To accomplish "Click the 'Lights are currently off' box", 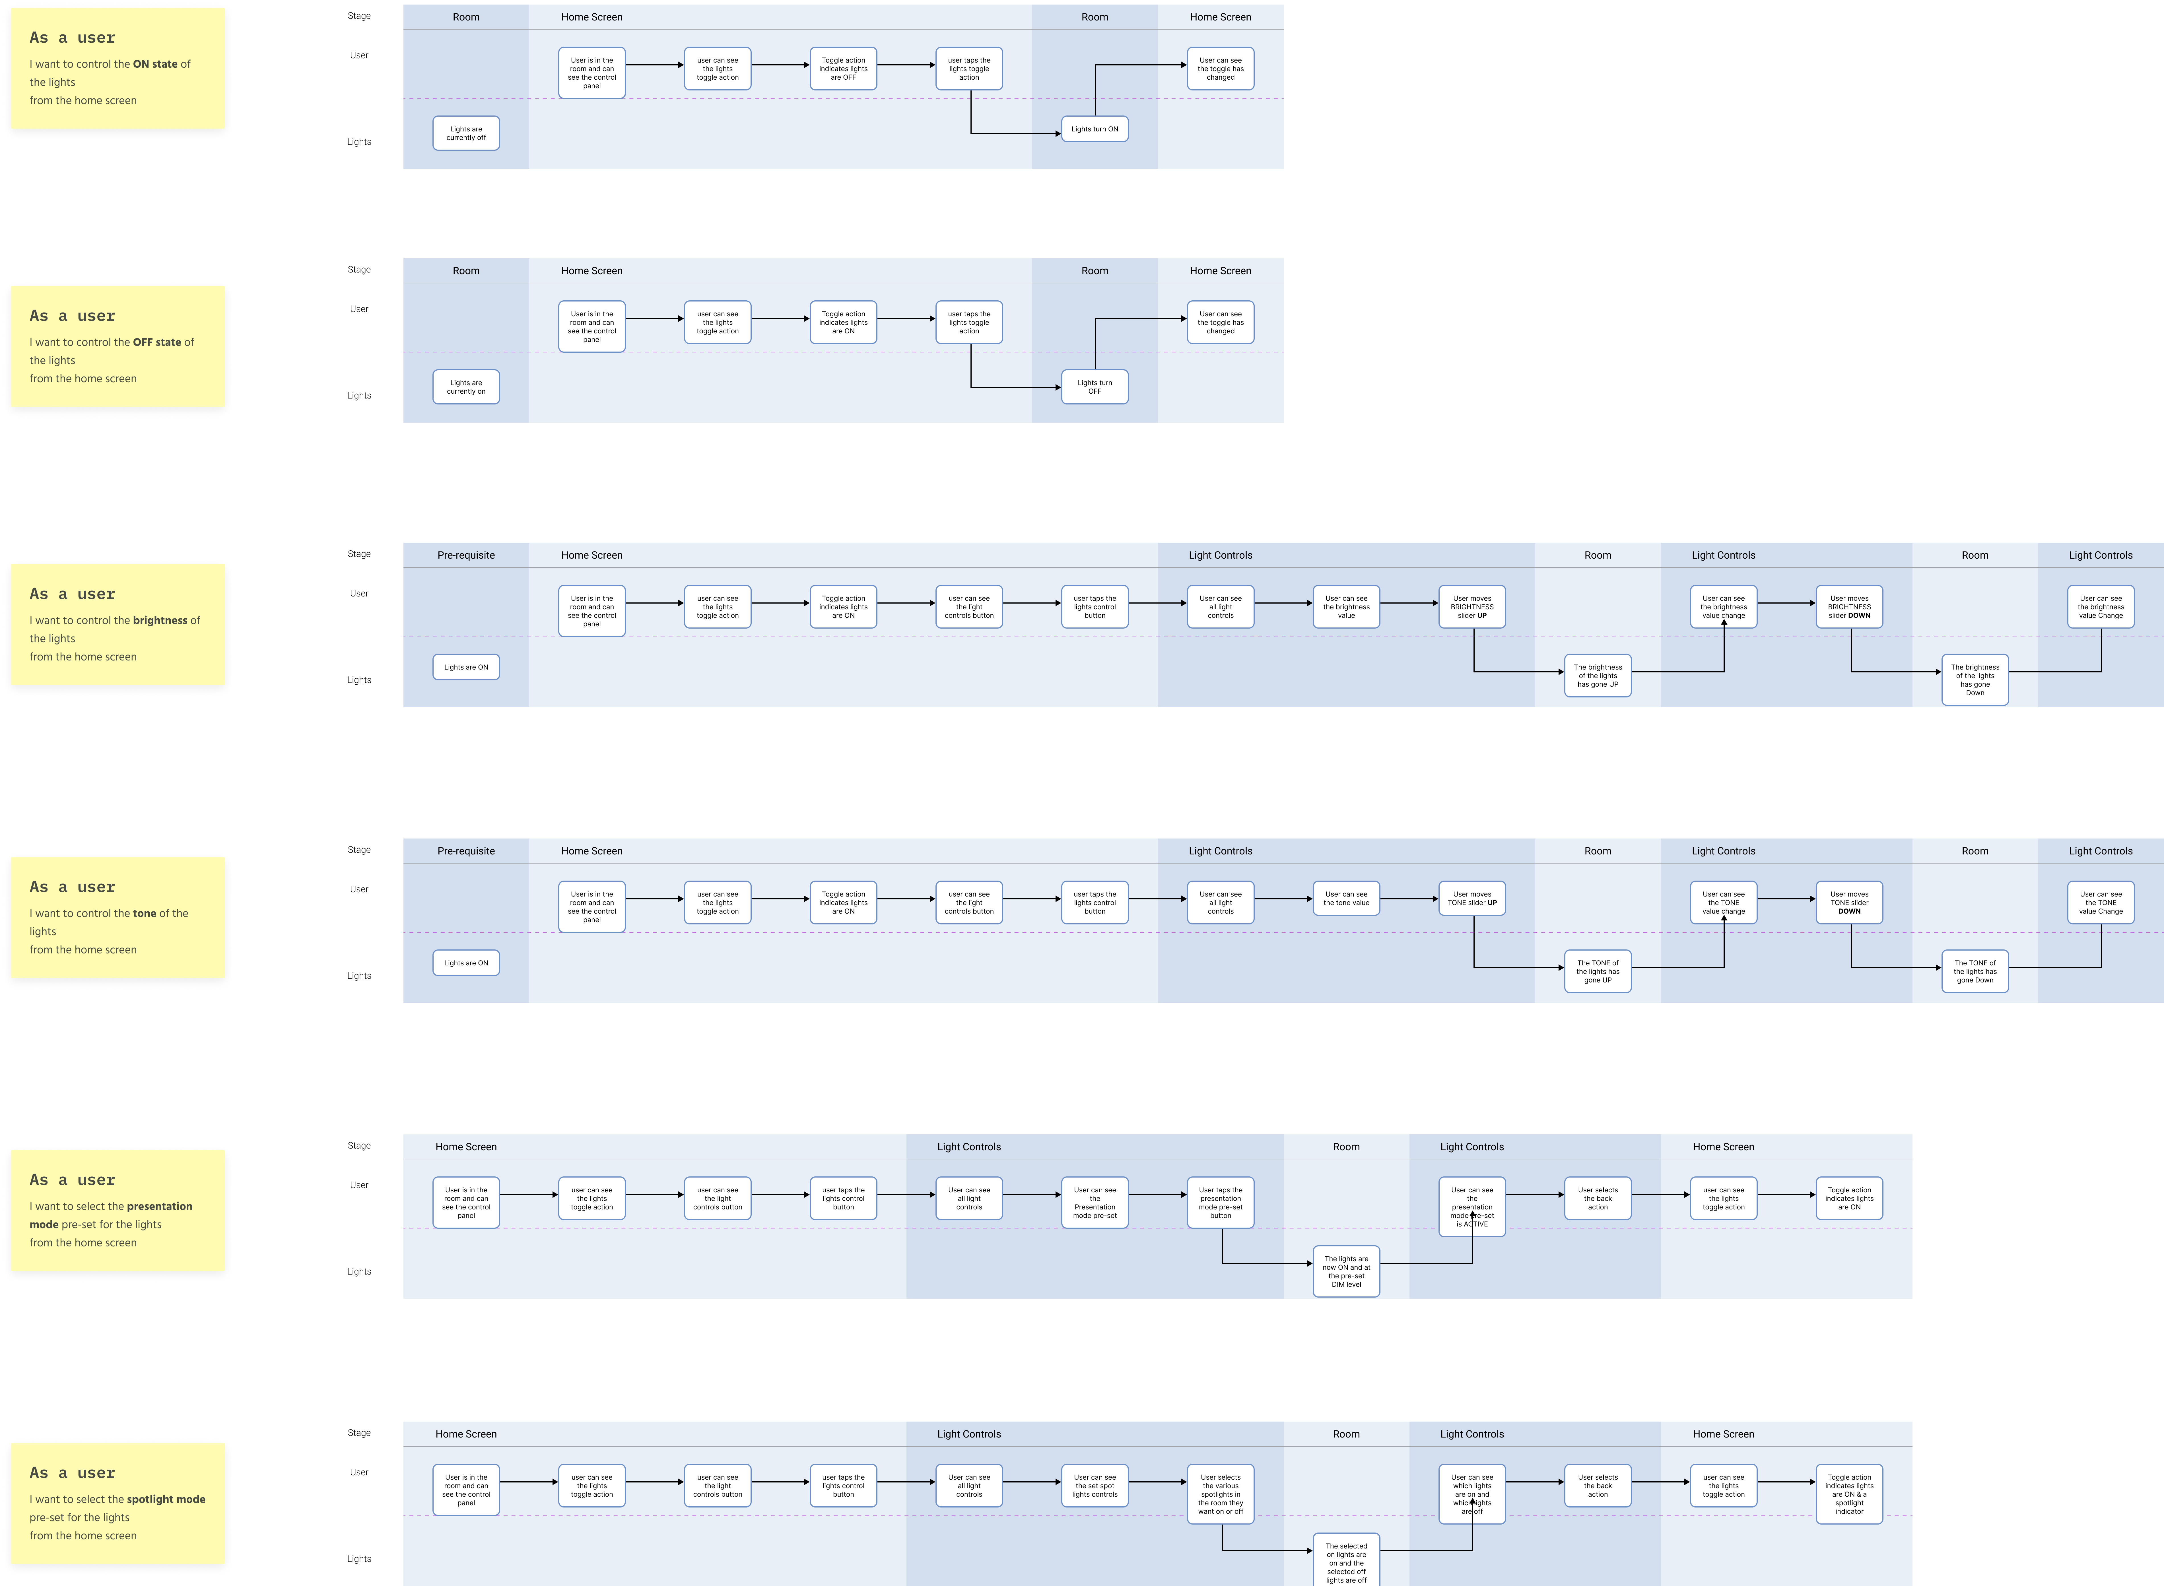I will pyautogui.click(x=466, y=133).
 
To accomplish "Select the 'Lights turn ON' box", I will pyautogui.click(x=1095, y=129).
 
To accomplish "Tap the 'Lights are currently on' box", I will pyautogui.click(x=466, y=387).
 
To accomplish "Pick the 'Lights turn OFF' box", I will pyautogui.click(x=1095, y=387).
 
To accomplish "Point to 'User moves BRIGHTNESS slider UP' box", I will pyautogui.click(x=1472, y=607).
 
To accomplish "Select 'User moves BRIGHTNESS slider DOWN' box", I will pyautogui.click(x=1849, y=607).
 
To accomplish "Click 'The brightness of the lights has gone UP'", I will pyautogui.click(x=1598, y=676).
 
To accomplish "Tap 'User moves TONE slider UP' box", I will pyautogui.click(x=1472, y=899).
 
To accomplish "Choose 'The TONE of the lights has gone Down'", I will pyautogui.click(x=1975, y=972).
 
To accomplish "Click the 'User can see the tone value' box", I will pyautogui.click(x=1346, y=899).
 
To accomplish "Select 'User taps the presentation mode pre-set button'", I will pyautogui.click(x=1220, y=1203).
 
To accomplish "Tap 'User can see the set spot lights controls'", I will pyautogui.click(x=1095, y=1486).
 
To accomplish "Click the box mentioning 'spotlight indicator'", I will pyautogui.click(x=1849, y=1494).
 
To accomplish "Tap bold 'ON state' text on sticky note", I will pyautogui.click(x=156, y=64).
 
